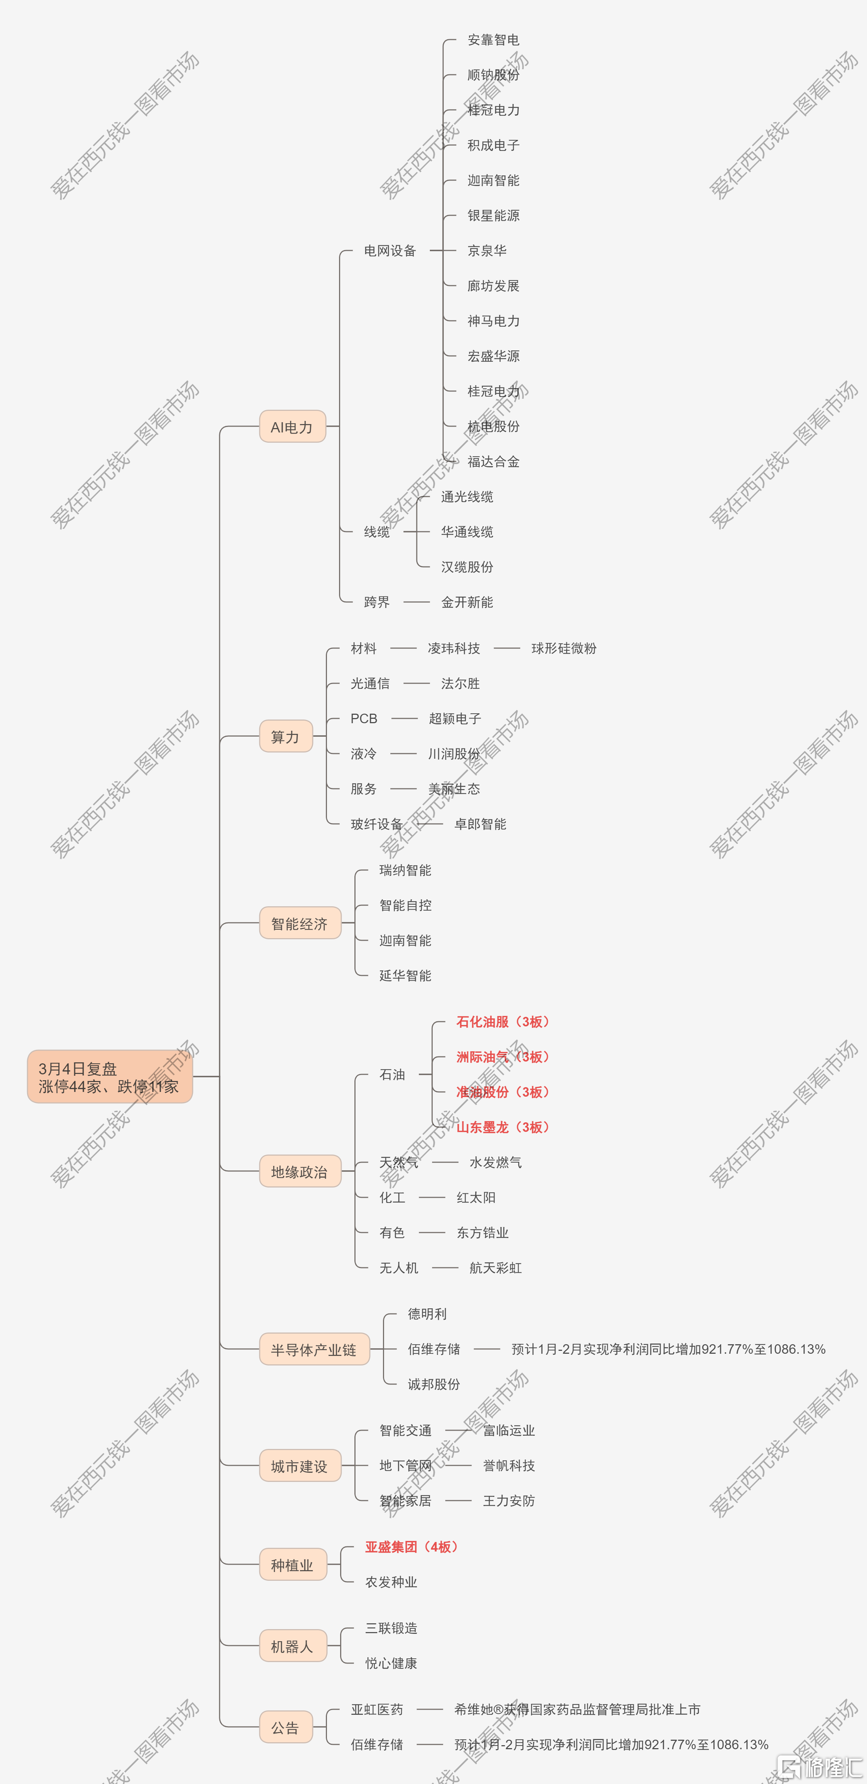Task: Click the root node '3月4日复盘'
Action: pos(109,1076)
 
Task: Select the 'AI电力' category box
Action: pos(292,427)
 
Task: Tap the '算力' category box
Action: pos(286,736)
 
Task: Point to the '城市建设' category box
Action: pos(300,1465)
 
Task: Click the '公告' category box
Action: pos(286,1727)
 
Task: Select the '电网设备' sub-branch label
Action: pos(390,251)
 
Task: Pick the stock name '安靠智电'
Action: pos(493,40)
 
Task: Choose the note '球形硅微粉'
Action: pos(564,648)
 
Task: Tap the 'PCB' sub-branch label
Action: pos(364,718)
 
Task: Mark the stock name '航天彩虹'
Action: pos(495,1267)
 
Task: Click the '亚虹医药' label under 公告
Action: pos(377,1709)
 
